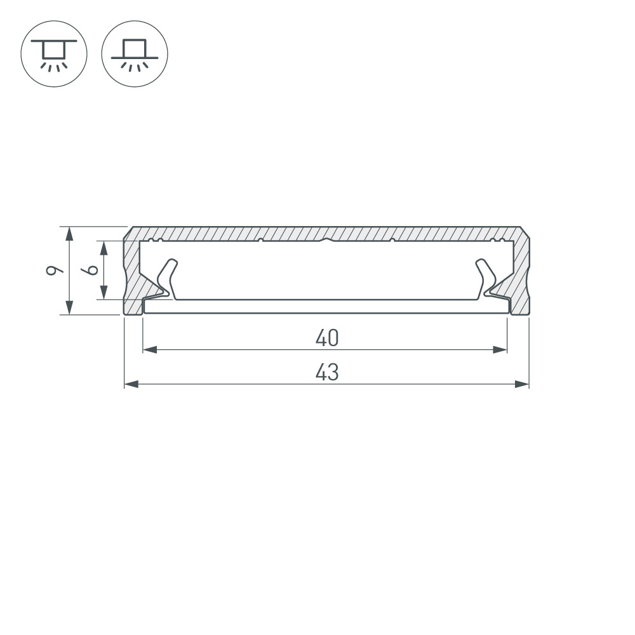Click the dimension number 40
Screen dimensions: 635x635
[327, 338]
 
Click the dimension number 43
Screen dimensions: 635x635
[327, 372]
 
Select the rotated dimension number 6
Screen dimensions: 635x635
[92, 270]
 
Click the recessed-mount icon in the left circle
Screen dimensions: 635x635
[54, 53]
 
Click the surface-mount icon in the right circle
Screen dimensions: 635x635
[135, 53]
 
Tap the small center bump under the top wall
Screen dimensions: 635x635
[326, 240]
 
